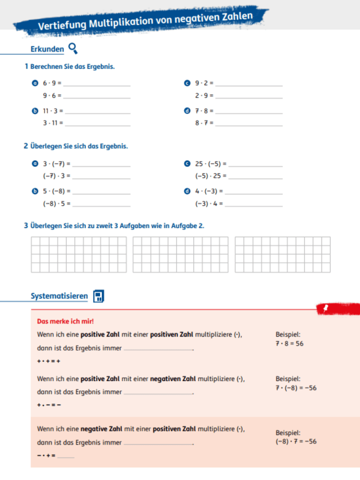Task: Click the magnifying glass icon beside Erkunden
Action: [x=73, y=49]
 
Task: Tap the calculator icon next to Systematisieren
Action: [x=98, y=296]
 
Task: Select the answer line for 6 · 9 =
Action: [x=96, y=85]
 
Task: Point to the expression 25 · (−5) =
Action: [x=211, y=163]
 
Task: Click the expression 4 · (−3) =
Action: [x=209, y=191]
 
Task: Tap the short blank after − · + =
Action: [x=66, y=457]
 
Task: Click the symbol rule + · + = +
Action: [x=49, y=361]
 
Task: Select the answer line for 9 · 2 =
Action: [x=248, y=85]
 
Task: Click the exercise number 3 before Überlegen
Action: [x=26, y=226]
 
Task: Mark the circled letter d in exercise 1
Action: [x=187, y=111]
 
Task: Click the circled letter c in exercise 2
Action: [x=187, y=163]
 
